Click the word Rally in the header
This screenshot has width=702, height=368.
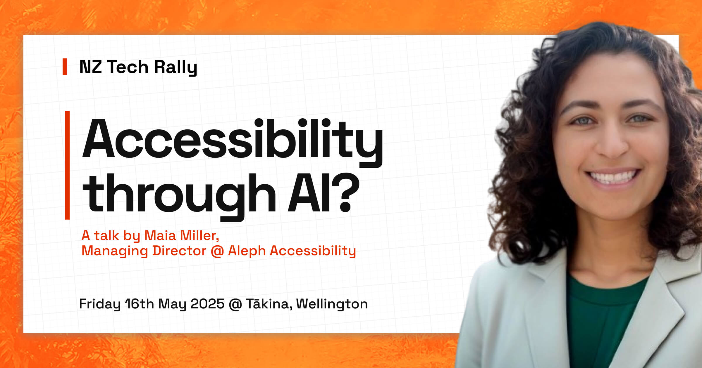point(175,67)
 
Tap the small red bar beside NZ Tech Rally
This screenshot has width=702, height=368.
point(65,67)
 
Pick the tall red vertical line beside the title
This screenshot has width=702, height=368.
point(67,165)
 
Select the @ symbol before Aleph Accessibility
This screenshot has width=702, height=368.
point(217,251)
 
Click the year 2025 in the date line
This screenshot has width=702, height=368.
point(207,304)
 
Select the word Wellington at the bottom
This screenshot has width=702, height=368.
point(332,304)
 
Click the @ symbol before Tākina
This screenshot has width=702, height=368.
point(235,304)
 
